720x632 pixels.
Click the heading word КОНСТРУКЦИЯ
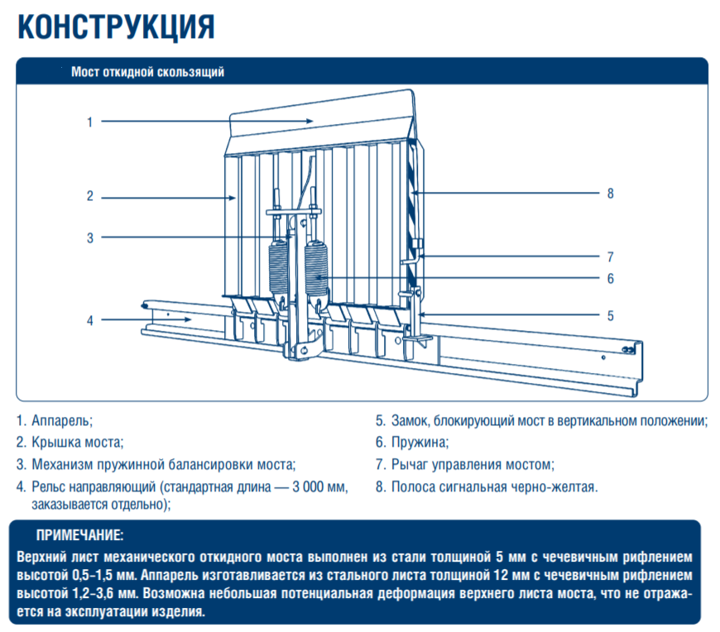pos(116,26)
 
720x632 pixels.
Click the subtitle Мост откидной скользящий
pos(148,72)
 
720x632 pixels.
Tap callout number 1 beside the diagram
pos(89,122)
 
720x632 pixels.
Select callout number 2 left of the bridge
pos(89,196)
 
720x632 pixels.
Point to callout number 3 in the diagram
pos(89,238)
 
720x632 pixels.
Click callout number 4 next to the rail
pos(89,320)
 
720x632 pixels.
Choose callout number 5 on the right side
pos(610,315)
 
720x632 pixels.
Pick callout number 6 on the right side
pos(610,279)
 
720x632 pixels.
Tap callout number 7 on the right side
pos(610,256)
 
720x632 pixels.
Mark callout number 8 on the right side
pos(610,194)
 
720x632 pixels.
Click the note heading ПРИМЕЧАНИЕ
pos(79,534)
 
